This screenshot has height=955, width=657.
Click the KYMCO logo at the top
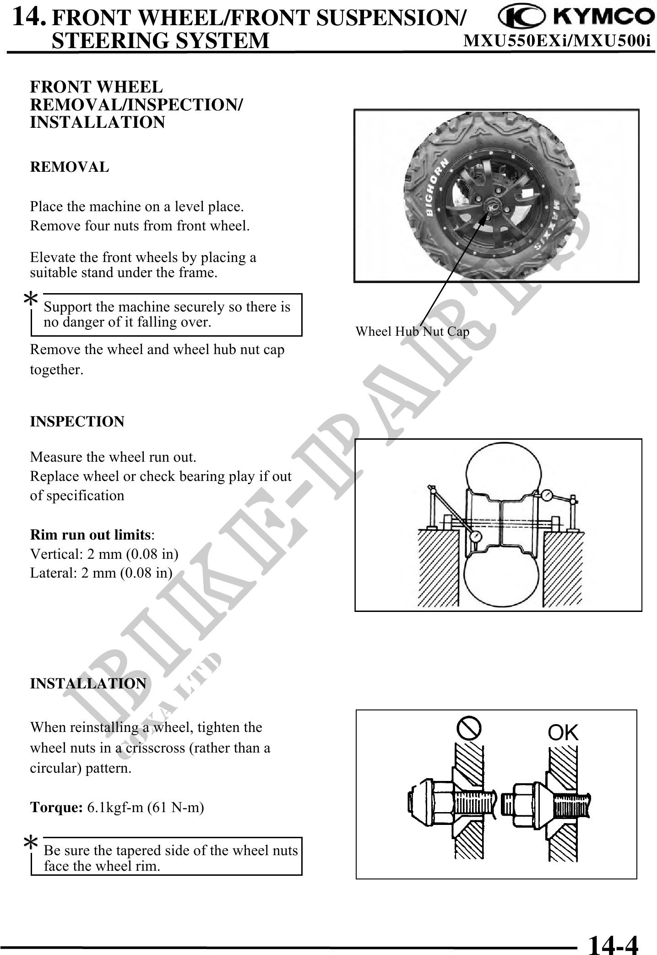point(576,17)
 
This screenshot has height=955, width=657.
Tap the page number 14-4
point(613,943)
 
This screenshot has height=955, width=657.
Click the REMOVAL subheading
point(70,167)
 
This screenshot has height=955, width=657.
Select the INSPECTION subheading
point(77,421)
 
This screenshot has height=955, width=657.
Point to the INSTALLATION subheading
point(88,683)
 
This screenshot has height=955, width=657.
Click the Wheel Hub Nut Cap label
point(412,332)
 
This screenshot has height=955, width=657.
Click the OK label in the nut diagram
point(563,733)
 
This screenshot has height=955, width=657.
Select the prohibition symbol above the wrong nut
point(469,728)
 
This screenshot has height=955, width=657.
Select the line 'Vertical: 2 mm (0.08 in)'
point(104,554)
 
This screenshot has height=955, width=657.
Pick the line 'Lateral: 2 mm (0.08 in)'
point(101,573)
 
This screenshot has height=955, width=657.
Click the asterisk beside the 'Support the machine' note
point(31,300)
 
